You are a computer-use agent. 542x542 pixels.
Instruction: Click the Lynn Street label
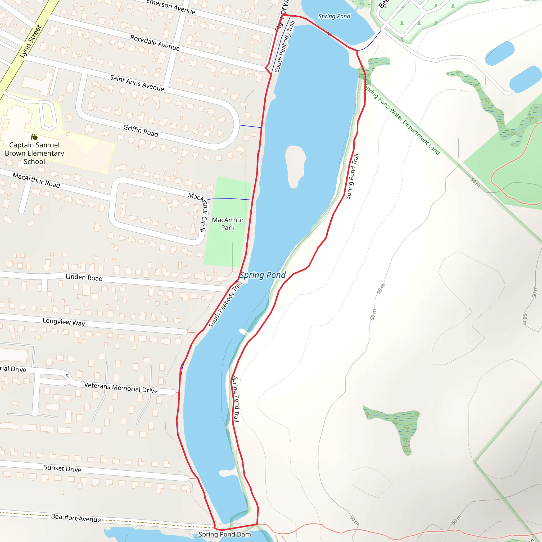click(x=31, y=42)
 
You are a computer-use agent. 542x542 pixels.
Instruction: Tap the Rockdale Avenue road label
click(x=155, y=43)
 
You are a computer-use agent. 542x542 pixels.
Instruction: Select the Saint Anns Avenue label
click(x=137, y=83)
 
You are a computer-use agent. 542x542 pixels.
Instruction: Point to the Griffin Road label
click(x=141, y=131)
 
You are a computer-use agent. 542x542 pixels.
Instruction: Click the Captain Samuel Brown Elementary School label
click(x=34, y=153)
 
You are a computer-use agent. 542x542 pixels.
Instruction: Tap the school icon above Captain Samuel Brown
click(x=34, y=137)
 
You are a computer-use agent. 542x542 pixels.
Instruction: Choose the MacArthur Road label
click(x=37, y=180)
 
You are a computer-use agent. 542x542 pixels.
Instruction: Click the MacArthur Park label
click(x=228, y=224)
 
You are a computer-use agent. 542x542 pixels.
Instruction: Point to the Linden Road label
click(x=84, y=277)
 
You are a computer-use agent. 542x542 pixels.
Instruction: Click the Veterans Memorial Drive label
click(x=121, y=388)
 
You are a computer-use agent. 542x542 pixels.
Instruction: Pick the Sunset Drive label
click(x=62, y=468)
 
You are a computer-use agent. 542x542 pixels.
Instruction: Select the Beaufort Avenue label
click(x=76, y=518)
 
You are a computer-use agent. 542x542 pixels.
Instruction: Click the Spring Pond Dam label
click(x=224, y=534)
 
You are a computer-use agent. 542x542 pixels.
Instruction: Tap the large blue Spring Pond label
click(x=263, y=275)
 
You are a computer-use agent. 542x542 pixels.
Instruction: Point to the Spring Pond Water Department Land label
click(x=402, y=120)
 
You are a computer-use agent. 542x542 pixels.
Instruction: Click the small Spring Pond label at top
click(x=334, y=16)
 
